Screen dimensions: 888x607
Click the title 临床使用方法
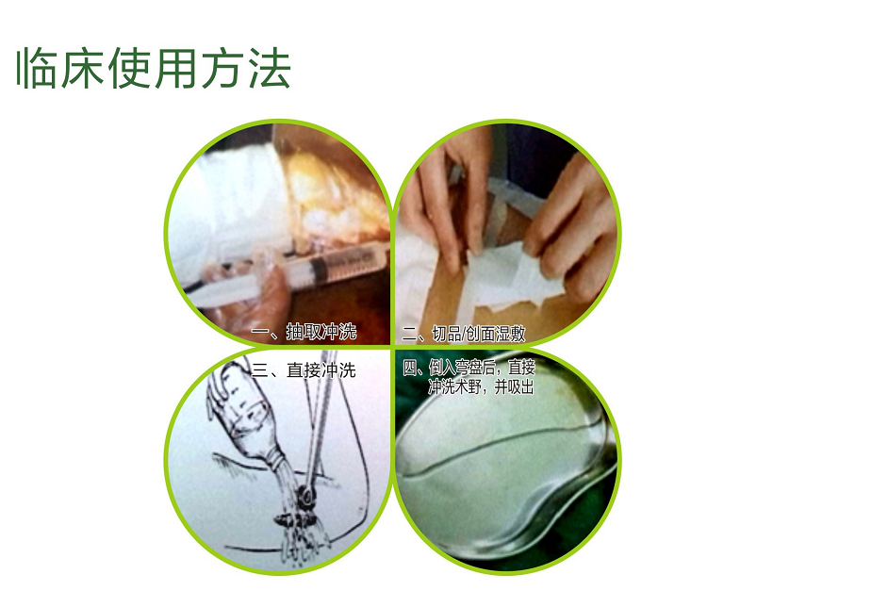coord(154,68)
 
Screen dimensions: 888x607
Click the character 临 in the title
coord(38,68)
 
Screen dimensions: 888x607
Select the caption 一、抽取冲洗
coord(304,331)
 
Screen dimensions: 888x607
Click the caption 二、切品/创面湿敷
coord(464,334)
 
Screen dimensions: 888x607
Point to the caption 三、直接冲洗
coord(304,370)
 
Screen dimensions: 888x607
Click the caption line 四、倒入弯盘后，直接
coord(469,368)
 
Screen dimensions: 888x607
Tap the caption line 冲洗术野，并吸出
coord(481,386)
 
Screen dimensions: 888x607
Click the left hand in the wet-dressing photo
coord(448,198)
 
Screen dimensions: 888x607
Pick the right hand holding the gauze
coord(572,226)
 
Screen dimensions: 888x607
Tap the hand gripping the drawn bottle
coord(223,386)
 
